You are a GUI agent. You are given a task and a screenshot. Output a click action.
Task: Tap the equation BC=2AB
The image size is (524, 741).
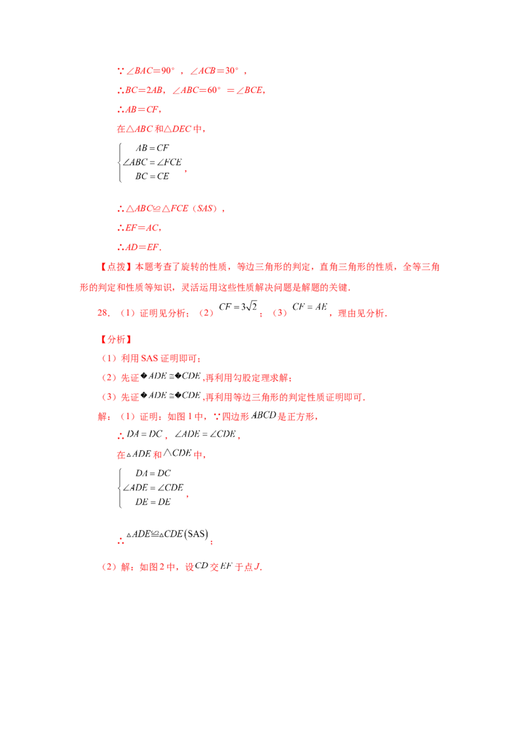click(144, 90)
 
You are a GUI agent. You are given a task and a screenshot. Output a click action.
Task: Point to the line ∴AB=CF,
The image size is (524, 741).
click(139, 109)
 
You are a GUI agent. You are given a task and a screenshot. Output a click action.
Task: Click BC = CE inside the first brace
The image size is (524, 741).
click(152, 176)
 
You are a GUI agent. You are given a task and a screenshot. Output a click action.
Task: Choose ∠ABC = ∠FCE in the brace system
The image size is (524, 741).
click(152, 162)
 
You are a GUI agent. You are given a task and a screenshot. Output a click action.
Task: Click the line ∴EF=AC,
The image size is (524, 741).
click(139, 228)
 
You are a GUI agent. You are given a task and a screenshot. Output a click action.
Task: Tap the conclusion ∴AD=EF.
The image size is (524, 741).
click(139, 247)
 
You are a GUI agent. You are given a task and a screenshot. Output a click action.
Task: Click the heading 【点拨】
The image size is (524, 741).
click(117, 267)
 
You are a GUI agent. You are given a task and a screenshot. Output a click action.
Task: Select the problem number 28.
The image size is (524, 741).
click(103, 313)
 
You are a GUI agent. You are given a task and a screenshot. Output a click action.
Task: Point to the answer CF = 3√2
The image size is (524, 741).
click(238, 307)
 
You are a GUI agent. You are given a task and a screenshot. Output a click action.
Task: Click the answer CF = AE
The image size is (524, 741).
click(310, 307)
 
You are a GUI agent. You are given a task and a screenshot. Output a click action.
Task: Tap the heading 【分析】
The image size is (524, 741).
click(117, 339)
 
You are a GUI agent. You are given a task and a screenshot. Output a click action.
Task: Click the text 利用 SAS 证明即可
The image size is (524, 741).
click(159, 359)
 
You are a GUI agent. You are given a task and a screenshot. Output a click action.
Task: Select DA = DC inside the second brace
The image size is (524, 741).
click(153, 473)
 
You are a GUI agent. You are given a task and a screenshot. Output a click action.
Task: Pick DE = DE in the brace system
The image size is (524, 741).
click(153, 502)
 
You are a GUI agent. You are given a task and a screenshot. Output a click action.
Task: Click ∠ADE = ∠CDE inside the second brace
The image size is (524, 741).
click(153, 488)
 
